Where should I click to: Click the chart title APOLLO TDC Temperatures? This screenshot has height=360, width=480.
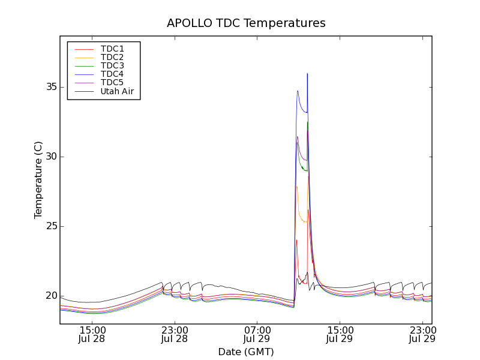pos(246,23)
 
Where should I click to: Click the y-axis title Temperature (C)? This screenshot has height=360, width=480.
pos(38,180)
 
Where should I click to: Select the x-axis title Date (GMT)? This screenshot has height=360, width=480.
pos(246,352)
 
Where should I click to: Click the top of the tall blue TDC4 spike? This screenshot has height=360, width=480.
pos(307,74)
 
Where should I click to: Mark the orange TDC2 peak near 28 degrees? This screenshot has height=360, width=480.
pos(296,187)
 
